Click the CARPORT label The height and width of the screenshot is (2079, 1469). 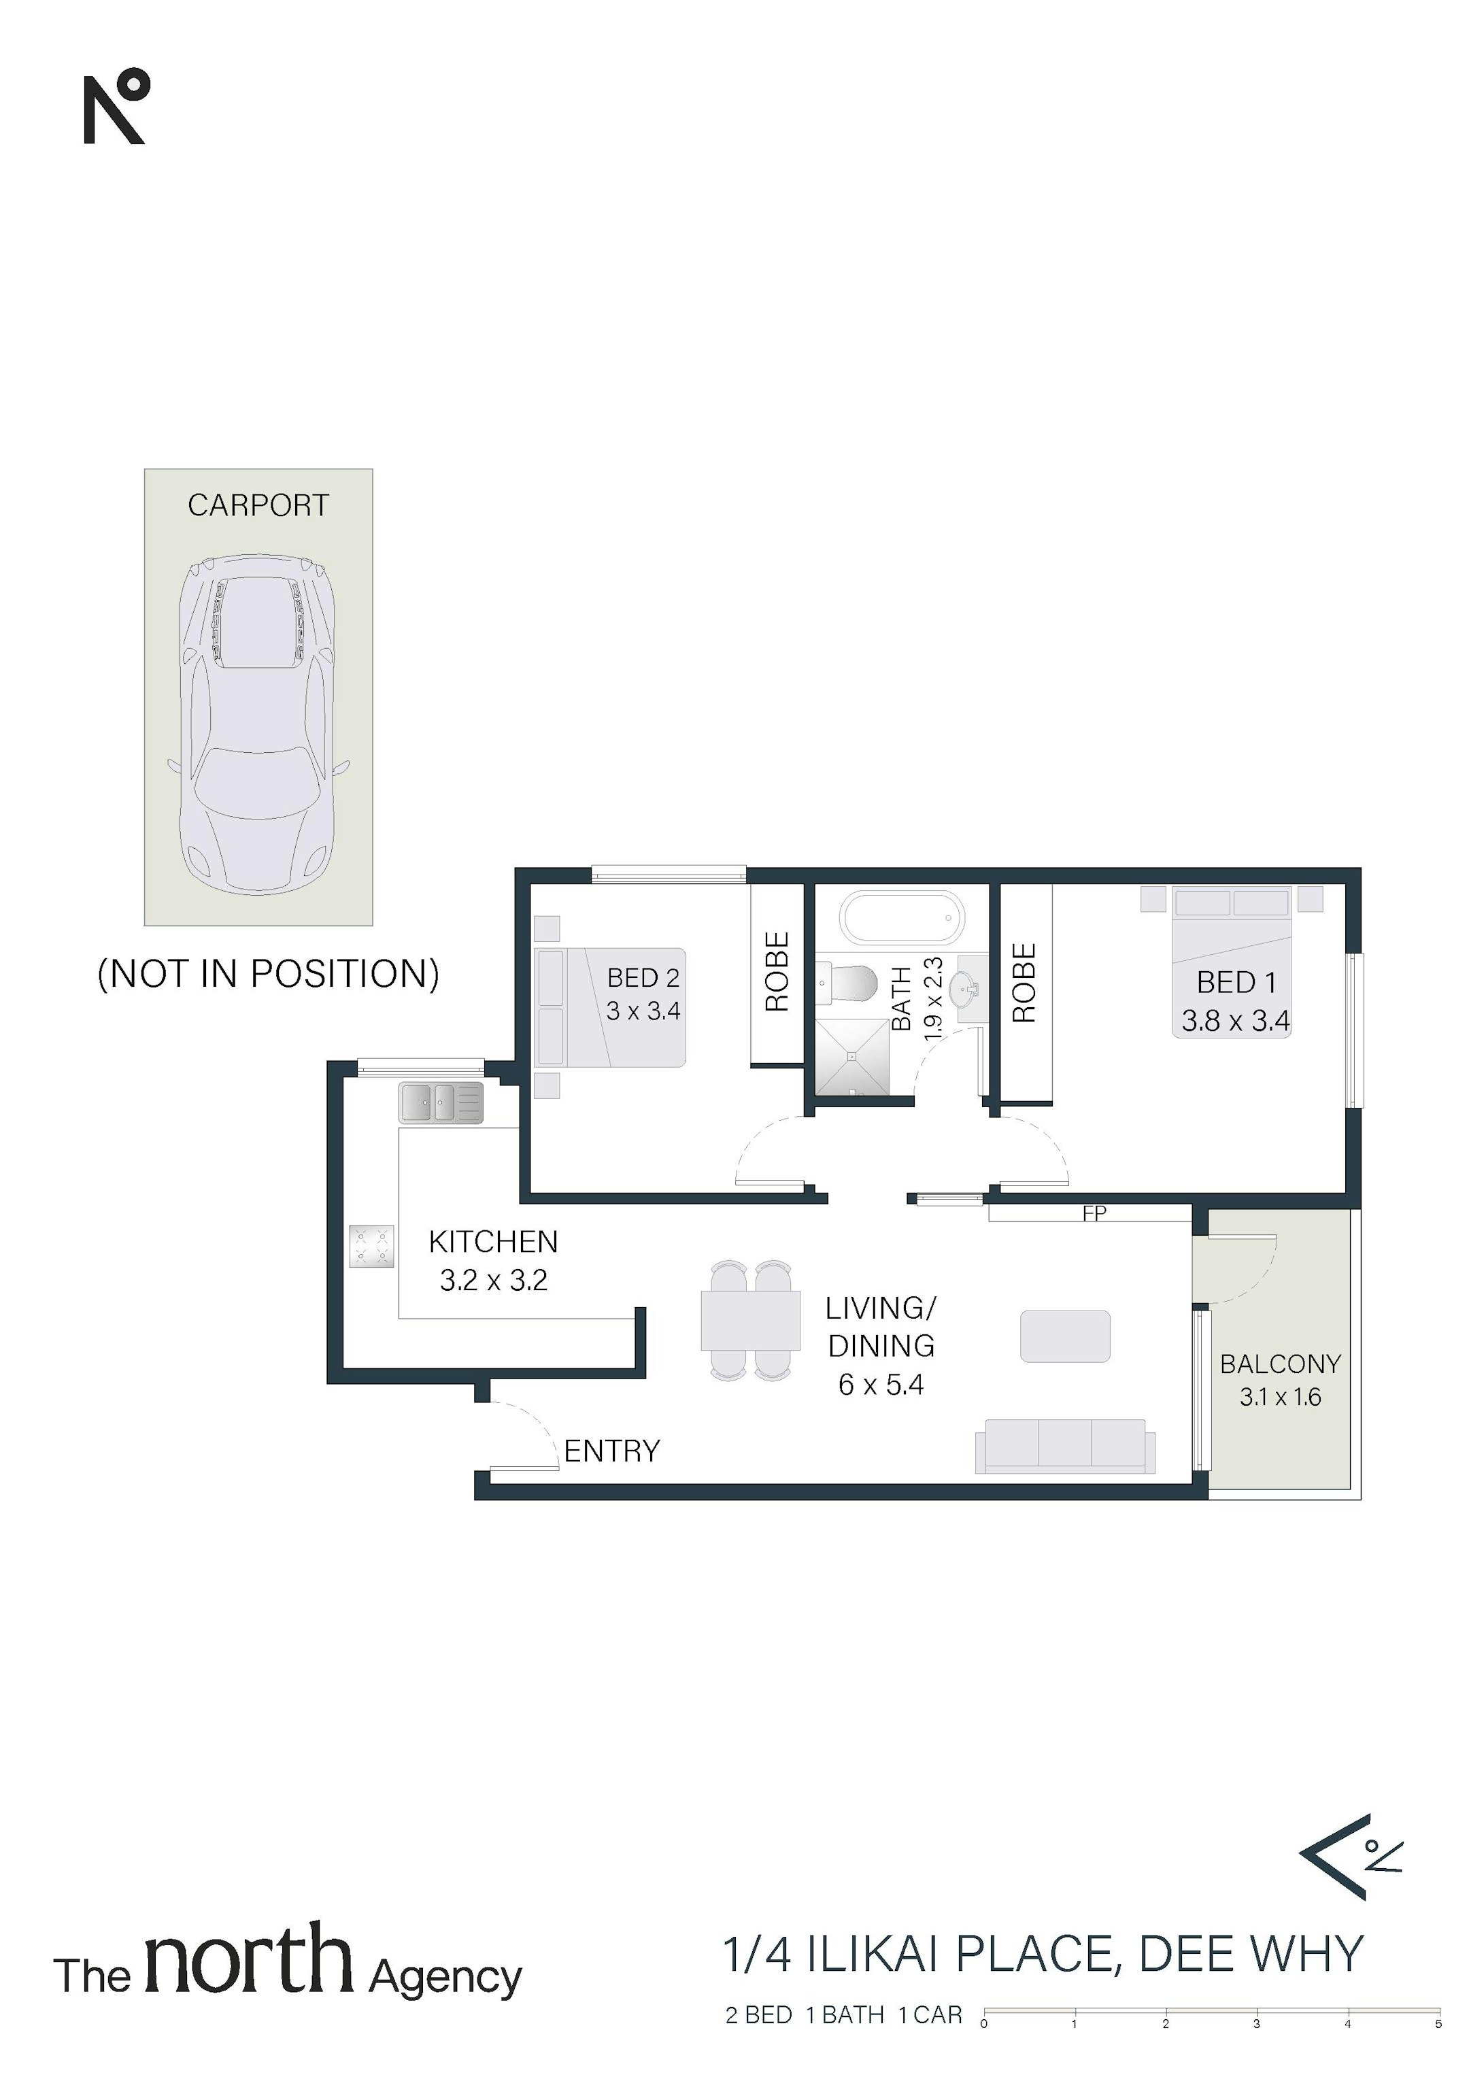pos(258,505)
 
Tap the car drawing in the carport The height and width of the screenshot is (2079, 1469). pos(259,725)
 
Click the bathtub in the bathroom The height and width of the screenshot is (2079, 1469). pos(902,918)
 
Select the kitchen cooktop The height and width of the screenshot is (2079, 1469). pos(372,1246)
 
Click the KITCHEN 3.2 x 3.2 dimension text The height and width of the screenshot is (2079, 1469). pos(494,1279)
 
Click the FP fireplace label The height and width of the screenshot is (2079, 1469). pos(1094,1213)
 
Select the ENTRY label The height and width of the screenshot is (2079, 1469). pos(612,1451)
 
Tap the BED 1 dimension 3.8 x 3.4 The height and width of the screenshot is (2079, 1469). pos(1235,1021)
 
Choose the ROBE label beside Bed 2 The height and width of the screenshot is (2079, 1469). pos(777,972)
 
